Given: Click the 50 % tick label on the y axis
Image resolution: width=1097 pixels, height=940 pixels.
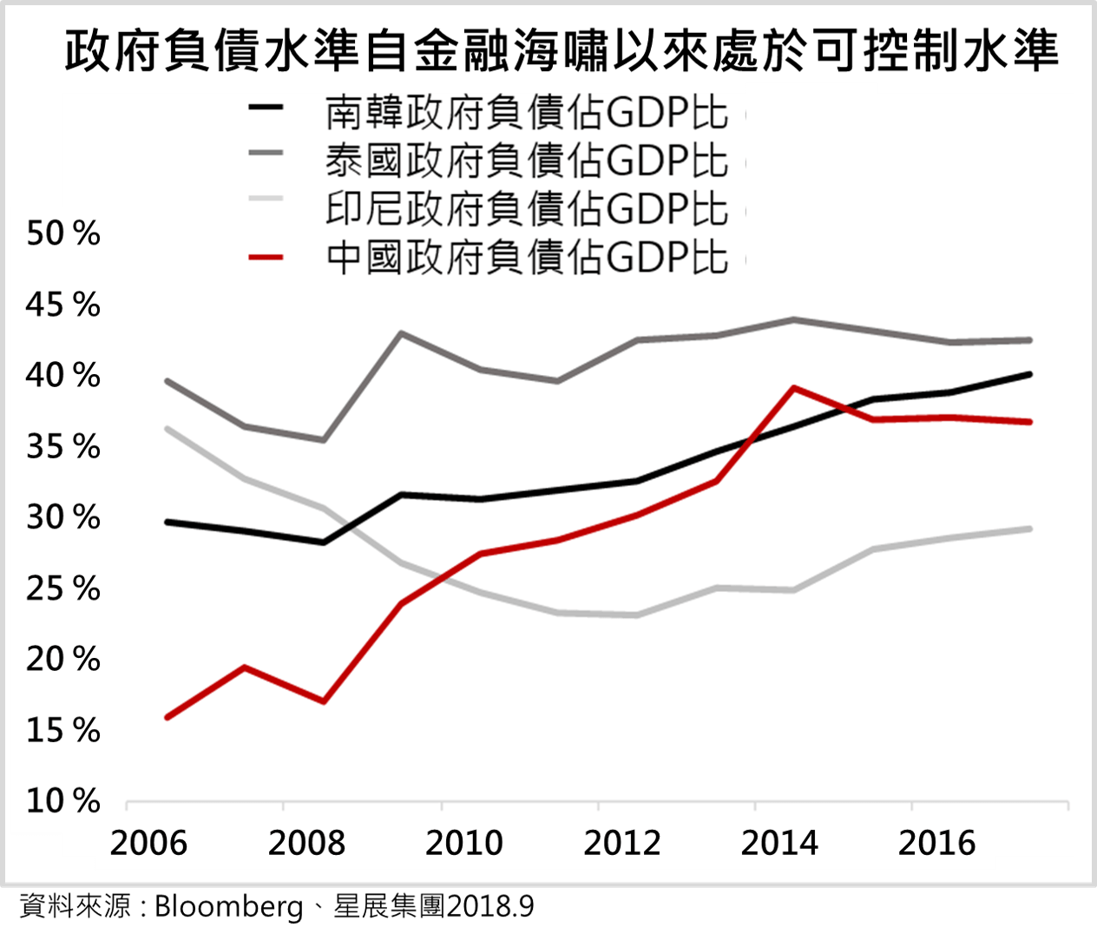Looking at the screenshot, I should (x=62, y=233).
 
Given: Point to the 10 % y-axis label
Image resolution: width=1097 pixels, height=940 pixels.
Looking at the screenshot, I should (x=62, y=801).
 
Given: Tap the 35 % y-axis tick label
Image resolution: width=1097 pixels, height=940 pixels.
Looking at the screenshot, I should (x=62, y=447).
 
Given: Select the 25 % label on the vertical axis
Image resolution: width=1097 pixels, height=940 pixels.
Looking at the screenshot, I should (x=62, y=589).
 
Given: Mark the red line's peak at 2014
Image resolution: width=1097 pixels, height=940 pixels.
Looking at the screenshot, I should (x=793, y=387).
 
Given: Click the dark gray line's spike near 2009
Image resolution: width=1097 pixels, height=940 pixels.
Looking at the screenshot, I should (x=401, y=332).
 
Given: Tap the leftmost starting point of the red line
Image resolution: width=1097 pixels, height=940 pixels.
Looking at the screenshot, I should (x=167, y=717).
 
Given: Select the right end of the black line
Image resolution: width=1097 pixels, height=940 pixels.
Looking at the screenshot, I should (x=1029, y=374).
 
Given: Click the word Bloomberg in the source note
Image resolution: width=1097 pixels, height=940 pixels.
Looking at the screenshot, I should (x=228, y=908).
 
